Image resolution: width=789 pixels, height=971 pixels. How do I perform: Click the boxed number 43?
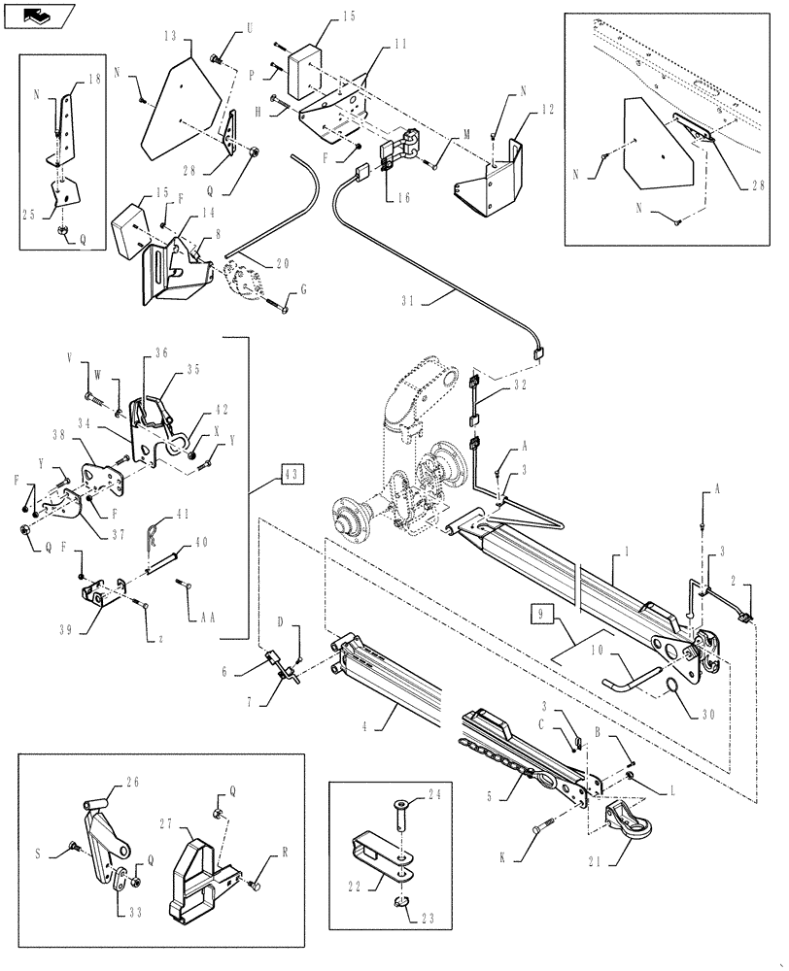292,474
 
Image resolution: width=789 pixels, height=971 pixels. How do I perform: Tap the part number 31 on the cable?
409,301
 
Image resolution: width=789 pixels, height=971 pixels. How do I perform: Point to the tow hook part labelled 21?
623,823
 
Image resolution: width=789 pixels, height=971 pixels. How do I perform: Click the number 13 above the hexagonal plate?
170,35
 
